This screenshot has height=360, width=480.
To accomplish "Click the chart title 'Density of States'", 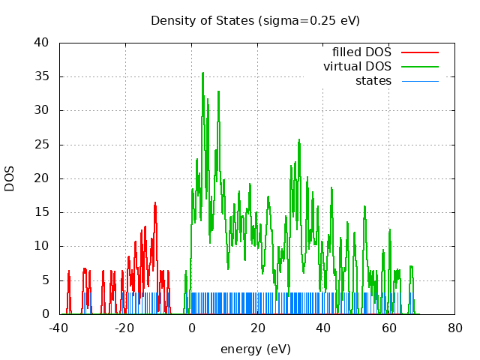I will click(x=202, y=20).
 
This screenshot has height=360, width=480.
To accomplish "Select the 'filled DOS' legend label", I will click(x=361, y=52).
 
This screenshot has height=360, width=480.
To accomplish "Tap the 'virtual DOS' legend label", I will click(x=357, y=67).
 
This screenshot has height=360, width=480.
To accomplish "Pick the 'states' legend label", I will click(x=373, y=80).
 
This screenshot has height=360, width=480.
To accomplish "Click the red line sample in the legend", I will click(x=419, y=52).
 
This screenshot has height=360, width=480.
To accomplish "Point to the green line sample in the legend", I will click(x=419, y=67).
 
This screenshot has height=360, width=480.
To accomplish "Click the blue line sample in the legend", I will click(x=419, y=80).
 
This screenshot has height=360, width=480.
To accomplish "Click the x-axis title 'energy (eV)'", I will click(x=255, y=349).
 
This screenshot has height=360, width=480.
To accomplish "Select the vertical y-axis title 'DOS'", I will click(x=10, y=178).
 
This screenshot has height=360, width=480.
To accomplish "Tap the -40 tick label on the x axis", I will click(x=59, y=328).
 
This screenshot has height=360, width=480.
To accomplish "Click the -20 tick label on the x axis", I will click(x=125, y=328).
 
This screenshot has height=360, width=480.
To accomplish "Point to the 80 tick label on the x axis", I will click(x=454, y=328).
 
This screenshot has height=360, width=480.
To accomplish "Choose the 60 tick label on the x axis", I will click(x=388, y=328).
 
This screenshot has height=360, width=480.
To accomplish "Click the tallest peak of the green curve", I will click(x=202, y=73).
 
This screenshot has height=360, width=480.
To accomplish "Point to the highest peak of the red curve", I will click(x=155, y=202).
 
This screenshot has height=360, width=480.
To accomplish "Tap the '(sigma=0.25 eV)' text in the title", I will click(x=309, y=20).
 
